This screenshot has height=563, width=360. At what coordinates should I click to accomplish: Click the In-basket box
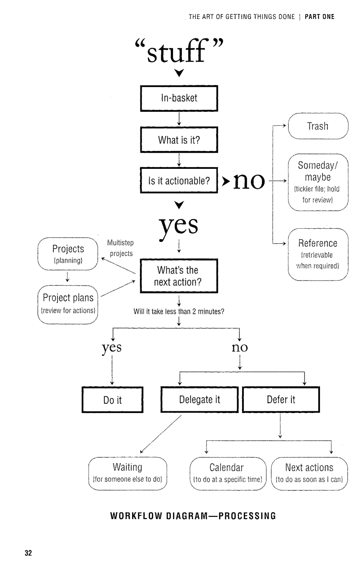pos(179,99)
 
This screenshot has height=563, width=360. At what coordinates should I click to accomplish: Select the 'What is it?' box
pos(179,140)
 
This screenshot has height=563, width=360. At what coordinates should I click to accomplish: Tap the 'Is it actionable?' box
pos(179,181)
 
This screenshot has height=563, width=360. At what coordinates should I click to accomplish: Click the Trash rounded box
pos(318,126)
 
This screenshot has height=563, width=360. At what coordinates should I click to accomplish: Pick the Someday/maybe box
pos(318,183)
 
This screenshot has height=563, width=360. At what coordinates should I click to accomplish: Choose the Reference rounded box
pos(318,254)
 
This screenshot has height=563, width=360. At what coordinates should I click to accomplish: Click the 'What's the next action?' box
pos(179,276)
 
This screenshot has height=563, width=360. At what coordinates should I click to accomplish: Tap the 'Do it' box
pos(112,400)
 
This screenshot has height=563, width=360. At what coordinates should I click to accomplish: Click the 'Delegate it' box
pos(199,400)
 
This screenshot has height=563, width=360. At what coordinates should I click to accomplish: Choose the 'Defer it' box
pos(281,400)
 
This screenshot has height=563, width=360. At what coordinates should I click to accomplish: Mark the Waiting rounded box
pos(128,473)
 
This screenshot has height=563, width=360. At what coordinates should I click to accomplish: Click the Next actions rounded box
pos(309,473)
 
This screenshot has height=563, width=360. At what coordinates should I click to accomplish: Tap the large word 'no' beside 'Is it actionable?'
pos(249,180)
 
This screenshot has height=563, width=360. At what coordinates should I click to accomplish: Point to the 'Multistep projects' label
pos(121,248)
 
